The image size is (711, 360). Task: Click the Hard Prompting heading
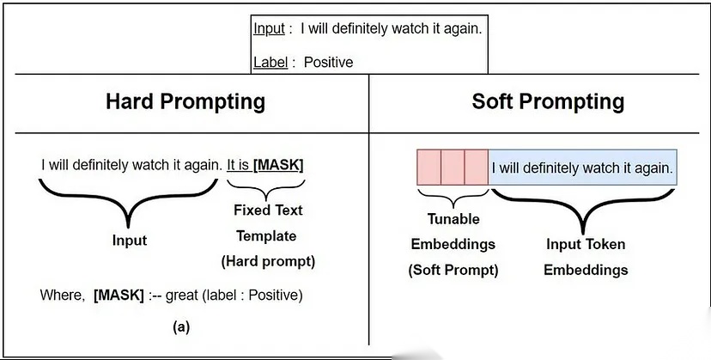(185, 101)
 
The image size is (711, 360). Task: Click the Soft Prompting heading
(548, 101)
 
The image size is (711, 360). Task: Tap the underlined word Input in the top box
(270, 28)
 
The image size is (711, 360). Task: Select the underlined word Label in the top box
(270, 62)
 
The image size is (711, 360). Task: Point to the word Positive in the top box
(328, 62)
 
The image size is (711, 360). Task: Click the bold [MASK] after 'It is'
(278, 164)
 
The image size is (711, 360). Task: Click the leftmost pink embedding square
(428, 167)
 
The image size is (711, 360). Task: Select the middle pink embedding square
(453, 167)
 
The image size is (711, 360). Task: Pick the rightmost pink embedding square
(477, 167)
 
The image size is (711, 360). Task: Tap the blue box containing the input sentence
(582, 167)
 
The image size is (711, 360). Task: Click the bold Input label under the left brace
(130, 241)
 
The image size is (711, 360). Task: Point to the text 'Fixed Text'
(268, 210)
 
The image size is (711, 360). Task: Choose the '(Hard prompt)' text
(268, 261)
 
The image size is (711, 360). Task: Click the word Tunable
(453, 218)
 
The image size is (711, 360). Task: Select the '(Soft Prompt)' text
(453, 269)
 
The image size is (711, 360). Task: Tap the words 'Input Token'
(586, 244)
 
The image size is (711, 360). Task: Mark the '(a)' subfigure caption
(180, 326)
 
